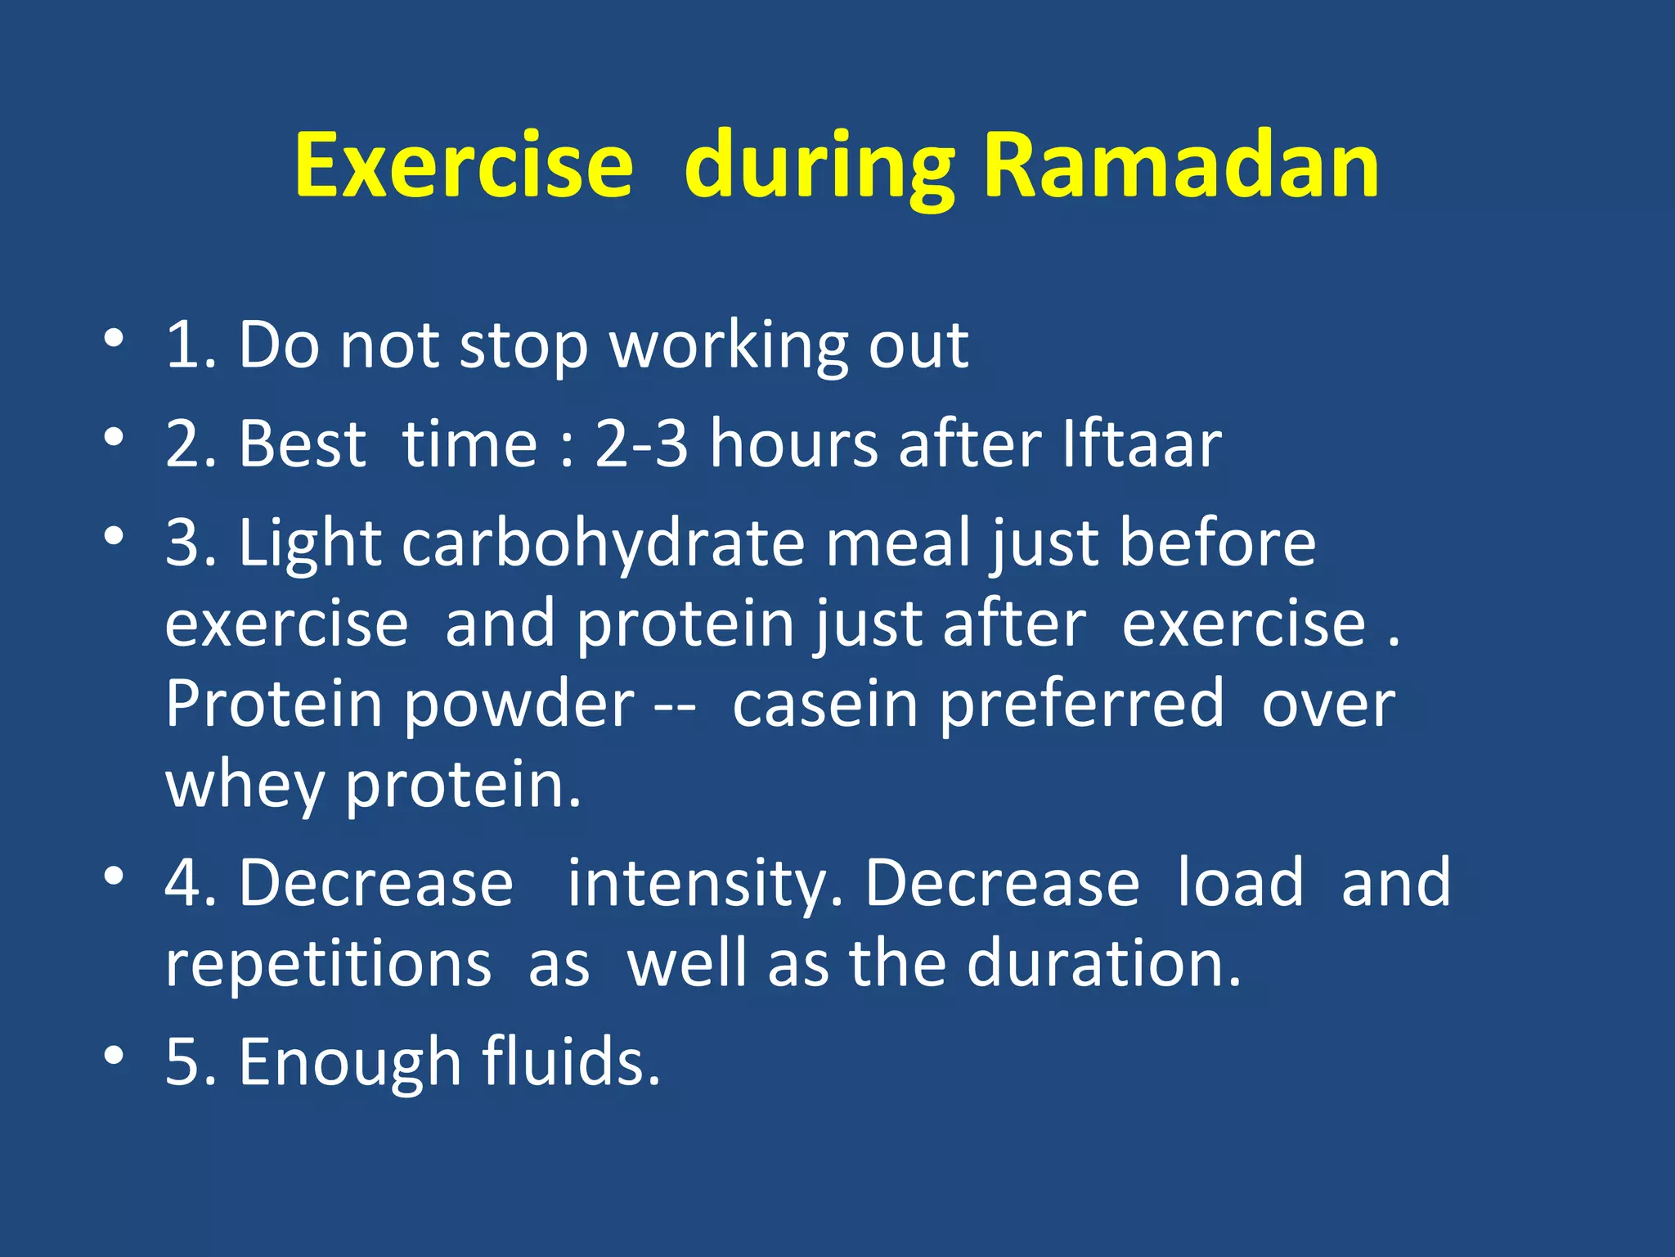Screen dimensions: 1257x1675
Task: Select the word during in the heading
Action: tap(820, 172)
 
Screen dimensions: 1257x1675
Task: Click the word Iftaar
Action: tap(1142, 444)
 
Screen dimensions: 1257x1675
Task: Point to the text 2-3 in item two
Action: tap(641, 444)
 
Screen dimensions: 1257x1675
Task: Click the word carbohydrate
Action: tap(604, 544)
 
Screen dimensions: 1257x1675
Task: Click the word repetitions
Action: tap(328, 964)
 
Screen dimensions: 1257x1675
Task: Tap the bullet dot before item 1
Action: tap(114, 337)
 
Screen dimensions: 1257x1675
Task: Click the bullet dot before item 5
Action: tap(114, 1055)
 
